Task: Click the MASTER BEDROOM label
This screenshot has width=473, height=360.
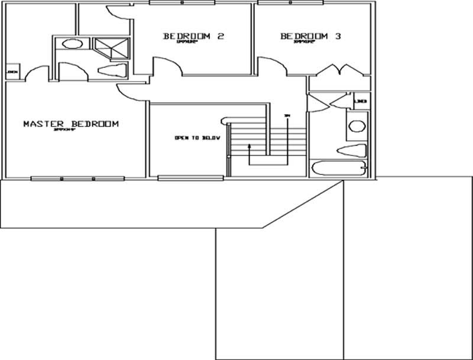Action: click(x=71, y=124)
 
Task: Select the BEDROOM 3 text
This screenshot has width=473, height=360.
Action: click(x=310, y=37)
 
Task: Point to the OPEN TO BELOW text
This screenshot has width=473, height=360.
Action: click(x=197, y=138)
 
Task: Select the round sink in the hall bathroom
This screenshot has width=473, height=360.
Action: click(x=357, y=125)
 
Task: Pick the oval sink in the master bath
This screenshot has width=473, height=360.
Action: click(x=72, y=44)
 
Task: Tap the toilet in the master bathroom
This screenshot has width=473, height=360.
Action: click(x=111, y=72)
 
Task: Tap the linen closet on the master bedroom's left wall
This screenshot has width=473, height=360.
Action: click(x=12, y=73)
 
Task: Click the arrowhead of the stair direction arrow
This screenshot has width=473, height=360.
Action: click(x=250, y=145)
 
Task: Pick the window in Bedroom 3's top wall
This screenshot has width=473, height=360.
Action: click(x=291, y=3)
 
